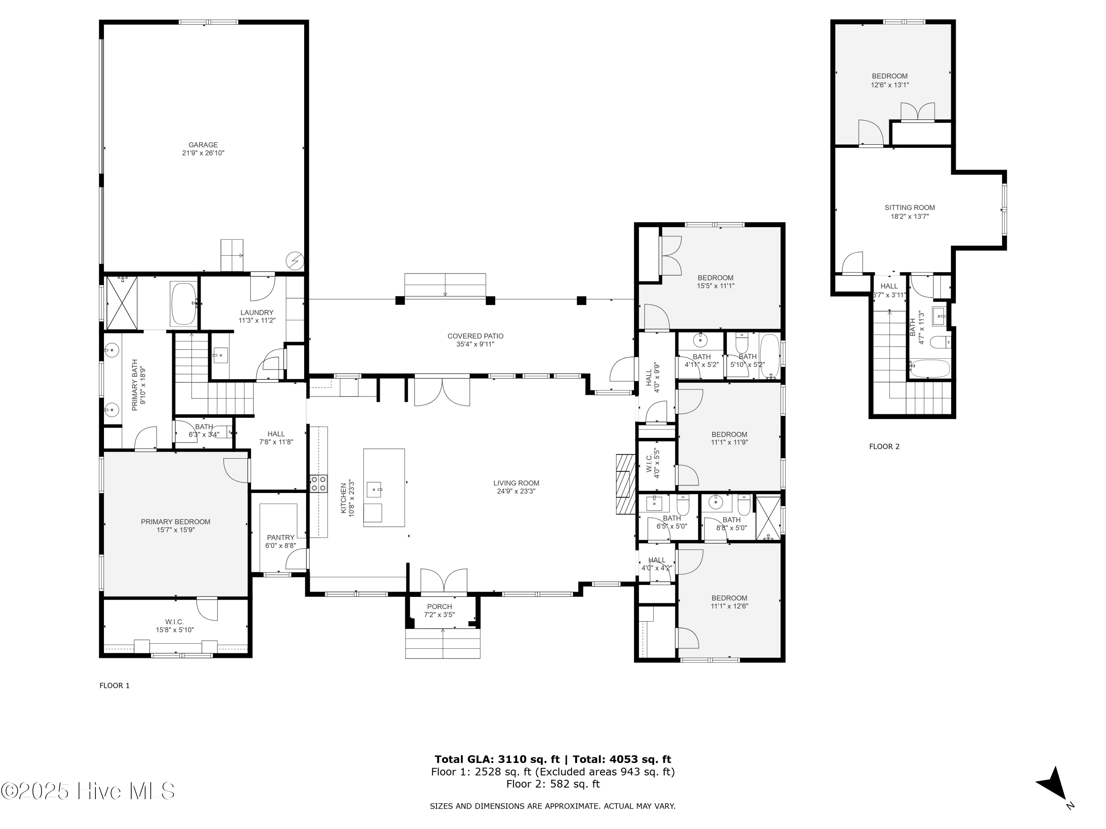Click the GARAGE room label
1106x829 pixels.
(x=203, y=145)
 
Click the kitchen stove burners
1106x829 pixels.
(x=319, y=484)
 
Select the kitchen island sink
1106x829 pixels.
(x=374, y=490)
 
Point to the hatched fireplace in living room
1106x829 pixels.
(x=625, y=484)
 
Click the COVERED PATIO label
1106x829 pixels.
(x=475, y=336)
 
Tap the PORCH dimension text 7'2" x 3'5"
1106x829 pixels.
(x=439, y=615)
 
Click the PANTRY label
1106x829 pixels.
(x=281, y=538)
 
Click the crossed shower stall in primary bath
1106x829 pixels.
(x=122, y=303)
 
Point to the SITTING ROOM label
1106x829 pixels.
(x=910, y=208)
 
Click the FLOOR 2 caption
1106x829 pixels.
(x=884, y=447)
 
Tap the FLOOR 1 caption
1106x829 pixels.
(x=115, y=686)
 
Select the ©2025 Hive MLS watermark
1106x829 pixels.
(x=87, y=791)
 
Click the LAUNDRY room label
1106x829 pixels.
(x=257, y=313)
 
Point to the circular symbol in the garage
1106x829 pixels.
(x=294, y=260)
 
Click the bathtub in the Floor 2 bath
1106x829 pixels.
(x=929, y=369)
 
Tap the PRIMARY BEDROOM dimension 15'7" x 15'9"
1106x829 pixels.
(x=175, y=530)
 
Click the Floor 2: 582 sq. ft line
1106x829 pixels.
(x=553, y=784)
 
